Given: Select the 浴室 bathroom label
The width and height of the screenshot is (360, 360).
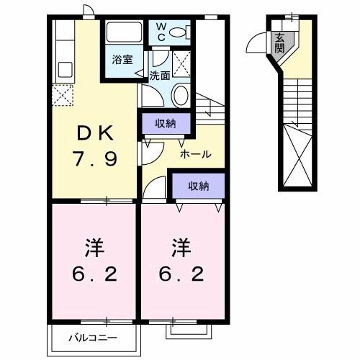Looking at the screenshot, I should coord(120,60).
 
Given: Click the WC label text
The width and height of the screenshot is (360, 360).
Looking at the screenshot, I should coord(161,32).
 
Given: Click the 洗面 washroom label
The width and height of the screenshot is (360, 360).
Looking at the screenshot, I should coord(159,73).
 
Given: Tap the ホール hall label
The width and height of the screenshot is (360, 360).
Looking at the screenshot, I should coord(195,154).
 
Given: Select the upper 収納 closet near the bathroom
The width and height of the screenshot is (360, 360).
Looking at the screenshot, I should coord(166,124).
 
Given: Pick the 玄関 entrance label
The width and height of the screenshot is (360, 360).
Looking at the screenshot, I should coord(278,42).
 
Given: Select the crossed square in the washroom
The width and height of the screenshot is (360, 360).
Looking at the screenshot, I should coord(181,63).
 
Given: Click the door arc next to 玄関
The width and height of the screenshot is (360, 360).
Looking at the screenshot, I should coord(256,45).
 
